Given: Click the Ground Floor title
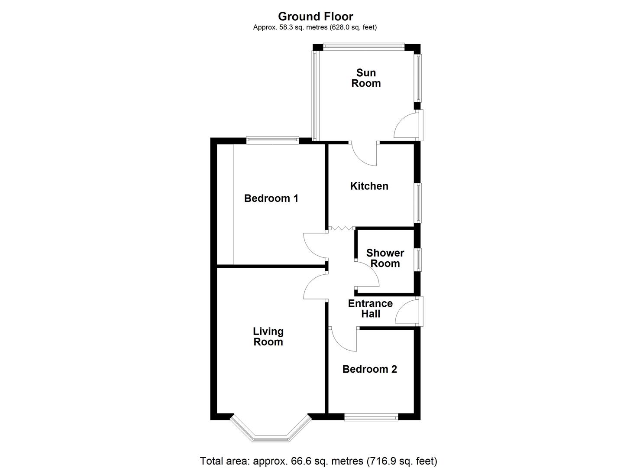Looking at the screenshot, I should (315, 16).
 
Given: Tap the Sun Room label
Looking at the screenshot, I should (366, 78).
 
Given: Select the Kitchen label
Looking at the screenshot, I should (369, 186).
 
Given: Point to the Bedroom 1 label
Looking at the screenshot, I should (271, 198).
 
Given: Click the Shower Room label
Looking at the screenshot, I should (385, 258).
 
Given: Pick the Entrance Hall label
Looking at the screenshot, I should (370, 309).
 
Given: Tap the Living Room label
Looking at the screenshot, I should (268, 337).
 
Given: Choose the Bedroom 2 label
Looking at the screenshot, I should (369, 369).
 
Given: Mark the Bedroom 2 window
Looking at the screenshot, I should (371, 417).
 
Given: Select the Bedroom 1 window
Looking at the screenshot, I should (272, 140).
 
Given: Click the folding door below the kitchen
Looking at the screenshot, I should (341, 228).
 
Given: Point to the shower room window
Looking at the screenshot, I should (418, 260).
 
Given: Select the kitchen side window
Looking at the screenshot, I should (418, 203).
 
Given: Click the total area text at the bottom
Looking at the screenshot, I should (318, 460).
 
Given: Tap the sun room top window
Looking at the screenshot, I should (364, 46).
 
